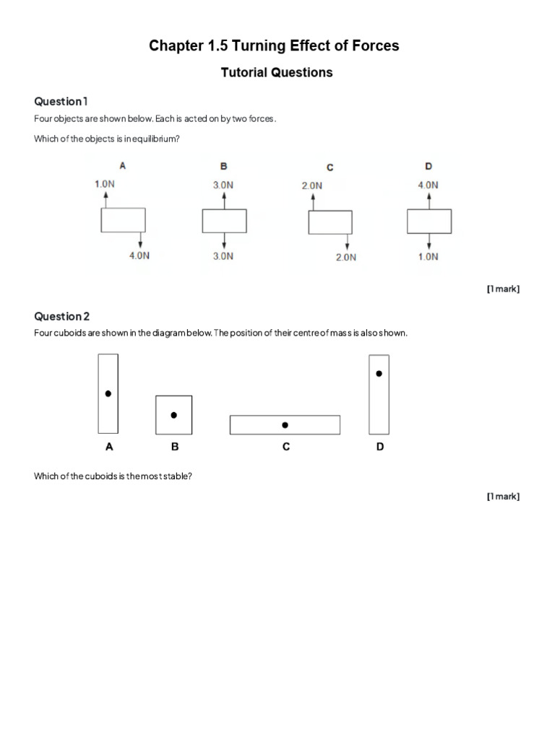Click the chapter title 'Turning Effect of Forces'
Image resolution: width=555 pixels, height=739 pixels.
[x=274, y=46]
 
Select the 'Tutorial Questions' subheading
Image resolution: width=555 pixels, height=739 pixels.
[x=277, y=72]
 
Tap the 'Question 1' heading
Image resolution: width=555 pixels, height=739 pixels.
[x=61, y=101]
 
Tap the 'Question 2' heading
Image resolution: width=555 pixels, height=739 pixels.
[x=62, y=316]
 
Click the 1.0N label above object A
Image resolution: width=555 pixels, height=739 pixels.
[x=105, y=184]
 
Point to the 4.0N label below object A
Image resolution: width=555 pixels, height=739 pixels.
[x=139, y=255]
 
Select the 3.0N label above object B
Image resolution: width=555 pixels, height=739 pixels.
[x=223, y=185]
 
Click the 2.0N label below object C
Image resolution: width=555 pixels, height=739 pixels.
[x=346, y=257]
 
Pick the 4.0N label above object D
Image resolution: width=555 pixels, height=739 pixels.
[x=428, y=185]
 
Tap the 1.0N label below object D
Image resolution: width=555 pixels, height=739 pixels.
[x=428, y=256]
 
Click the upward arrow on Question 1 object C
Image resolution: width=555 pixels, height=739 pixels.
[x=313, y=201]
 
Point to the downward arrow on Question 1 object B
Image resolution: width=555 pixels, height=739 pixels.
[x=224, y=240]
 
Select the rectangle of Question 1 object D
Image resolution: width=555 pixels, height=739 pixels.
[x=429, y=221]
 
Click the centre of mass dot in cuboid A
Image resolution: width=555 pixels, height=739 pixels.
[x=108, y=394]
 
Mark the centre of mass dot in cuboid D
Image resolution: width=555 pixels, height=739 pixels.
[x=379, y=374]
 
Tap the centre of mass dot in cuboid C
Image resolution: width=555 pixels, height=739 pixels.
[x=285, y=425]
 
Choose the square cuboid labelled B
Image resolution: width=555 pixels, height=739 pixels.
[x=173, y=415]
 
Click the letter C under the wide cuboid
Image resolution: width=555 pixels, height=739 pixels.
[x=286, y=447]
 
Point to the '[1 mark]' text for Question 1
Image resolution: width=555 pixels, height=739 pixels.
[x=503, y=289]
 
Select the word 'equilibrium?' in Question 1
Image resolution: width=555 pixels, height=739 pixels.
[x=156, y=139]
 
